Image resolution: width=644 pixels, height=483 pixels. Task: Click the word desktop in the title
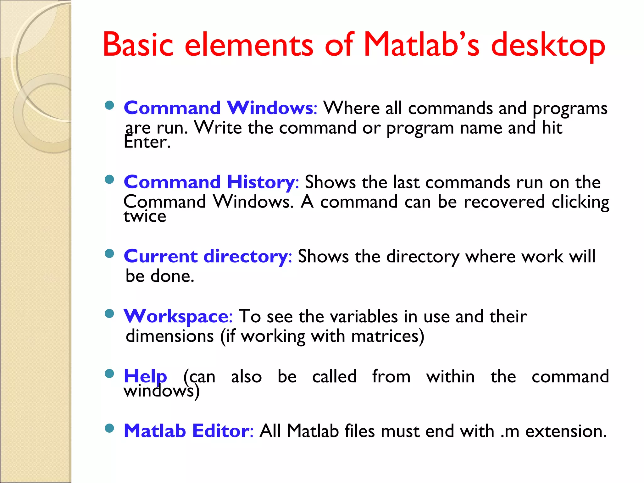pyautogui.click(x=548, y=46)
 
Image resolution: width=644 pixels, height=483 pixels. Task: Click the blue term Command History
pyautogui.click(x=209, y=182)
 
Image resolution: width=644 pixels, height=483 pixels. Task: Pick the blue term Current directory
pyautogui.click(x=206, y=256)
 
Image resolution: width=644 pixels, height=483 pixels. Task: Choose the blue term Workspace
pyautogui.click(x=176, y=316)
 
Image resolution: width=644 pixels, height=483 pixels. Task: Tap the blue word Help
pyautogui.click(x=145, y=376)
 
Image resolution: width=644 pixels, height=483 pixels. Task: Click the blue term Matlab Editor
pyautogui.click(x=187, y=431)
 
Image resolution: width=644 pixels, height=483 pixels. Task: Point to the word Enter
pyautogui.click(x=147, y=142)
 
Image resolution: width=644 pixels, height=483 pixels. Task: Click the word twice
pyautogui.click(x=145, y=216)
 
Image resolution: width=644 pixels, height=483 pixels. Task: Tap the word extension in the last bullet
pyautogui.click(x=566, y=431)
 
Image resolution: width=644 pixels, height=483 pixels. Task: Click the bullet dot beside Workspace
pyautogui.click(x=109, y=314)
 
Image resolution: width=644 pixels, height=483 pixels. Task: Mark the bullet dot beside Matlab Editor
pyautogui.click(x=109, y=428)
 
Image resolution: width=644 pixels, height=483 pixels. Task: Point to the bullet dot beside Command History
pyautogui.click(x=109, y=180)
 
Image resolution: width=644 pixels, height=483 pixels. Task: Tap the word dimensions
pyautogui.click(x=170, y=336)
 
